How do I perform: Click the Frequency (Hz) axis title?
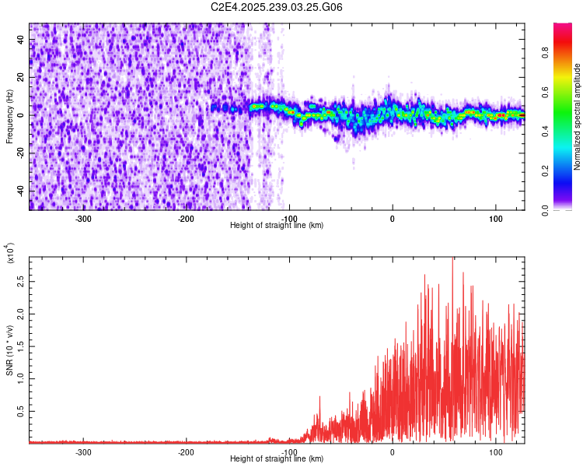click(x=9, y=117)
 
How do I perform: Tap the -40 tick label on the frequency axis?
click(x=20, y=191)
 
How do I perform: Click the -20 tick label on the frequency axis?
click(x=20, y=153)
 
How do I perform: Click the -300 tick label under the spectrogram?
click(x=83, y=218)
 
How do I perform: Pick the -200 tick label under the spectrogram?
click(x=186, y=218)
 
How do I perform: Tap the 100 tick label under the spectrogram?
click(x=495, y=218)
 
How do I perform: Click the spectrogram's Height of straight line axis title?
click(x=277, y=226)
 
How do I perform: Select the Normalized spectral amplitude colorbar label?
click(x=578, y=117)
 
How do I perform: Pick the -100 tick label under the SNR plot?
click(x=289, y=451)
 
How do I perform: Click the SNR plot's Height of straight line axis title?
click(x=277, y=459)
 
